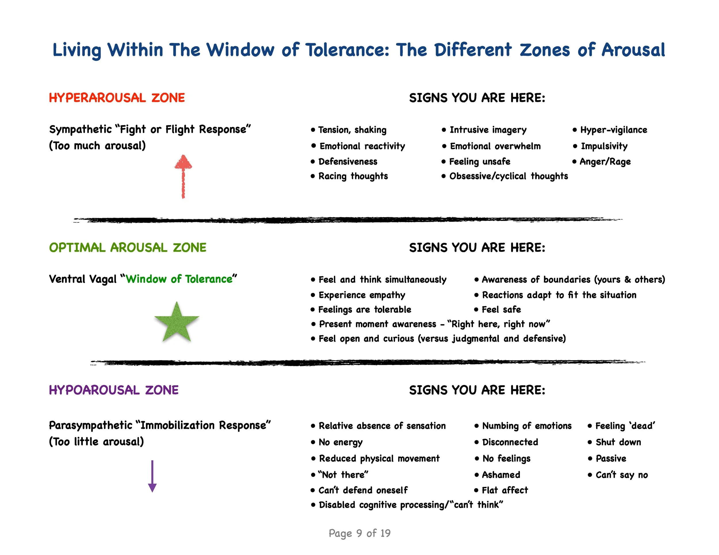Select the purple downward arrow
pyautogui.click(x=152, y=476)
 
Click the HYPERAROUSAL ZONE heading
pyautogui.click(x=117, y=98)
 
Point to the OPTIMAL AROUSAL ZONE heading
pyautogui.click(x=128, y=247)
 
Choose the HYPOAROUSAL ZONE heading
pyautogui.click(x=114, y=390)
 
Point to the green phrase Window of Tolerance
pyautogui.click(x=179, y=279)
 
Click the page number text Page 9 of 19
pyautogui.click(x=359, y=533)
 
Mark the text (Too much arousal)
pyautogui.click(x=97, y=146)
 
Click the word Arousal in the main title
pyautogui.click(x=633, y=50)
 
